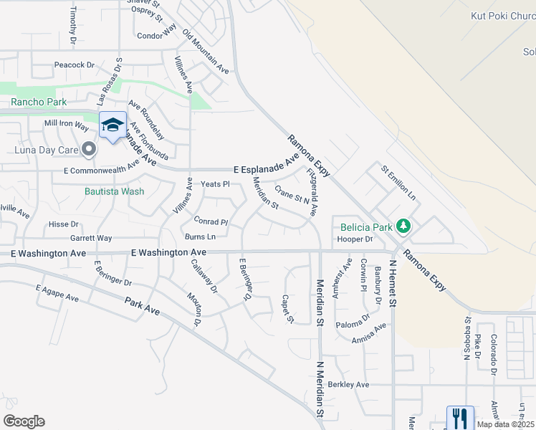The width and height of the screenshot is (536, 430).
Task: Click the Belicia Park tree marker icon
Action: [404, 226]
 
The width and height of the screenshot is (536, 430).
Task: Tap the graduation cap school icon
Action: [113, 125]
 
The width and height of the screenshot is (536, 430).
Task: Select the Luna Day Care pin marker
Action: [89, 149]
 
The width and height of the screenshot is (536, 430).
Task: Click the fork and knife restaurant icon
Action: [459, 417]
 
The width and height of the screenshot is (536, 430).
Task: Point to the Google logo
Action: [24, 421]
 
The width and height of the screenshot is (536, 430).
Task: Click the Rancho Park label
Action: [39, 102]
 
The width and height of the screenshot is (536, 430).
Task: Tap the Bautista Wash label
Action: [114, 191]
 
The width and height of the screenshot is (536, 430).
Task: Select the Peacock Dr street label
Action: [75, 65]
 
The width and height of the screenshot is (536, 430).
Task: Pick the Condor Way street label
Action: [156, 34]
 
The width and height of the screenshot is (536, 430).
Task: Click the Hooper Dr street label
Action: [355, 239]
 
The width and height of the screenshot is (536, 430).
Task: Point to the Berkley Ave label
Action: [348, 385]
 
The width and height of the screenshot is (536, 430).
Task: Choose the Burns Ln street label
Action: [200, 236]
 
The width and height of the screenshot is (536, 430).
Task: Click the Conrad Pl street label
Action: [209, 221]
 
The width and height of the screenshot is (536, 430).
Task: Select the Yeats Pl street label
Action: [214, 184]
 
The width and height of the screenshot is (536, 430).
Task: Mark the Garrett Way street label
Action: [91, 238]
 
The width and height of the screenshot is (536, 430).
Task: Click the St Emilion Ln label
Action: [398, 181]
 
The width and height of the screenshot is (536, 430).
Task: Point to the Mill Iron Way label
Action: [66, 125]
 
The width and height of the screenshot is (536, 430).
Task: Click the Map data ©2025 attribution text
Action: [504, 424]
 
